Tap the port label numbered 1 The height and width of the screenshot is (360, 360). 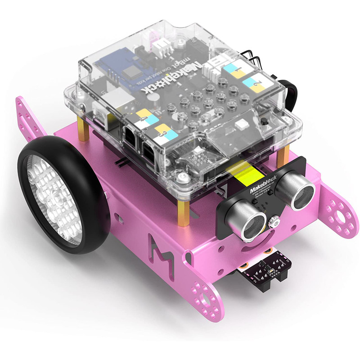tap(235, 69)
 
